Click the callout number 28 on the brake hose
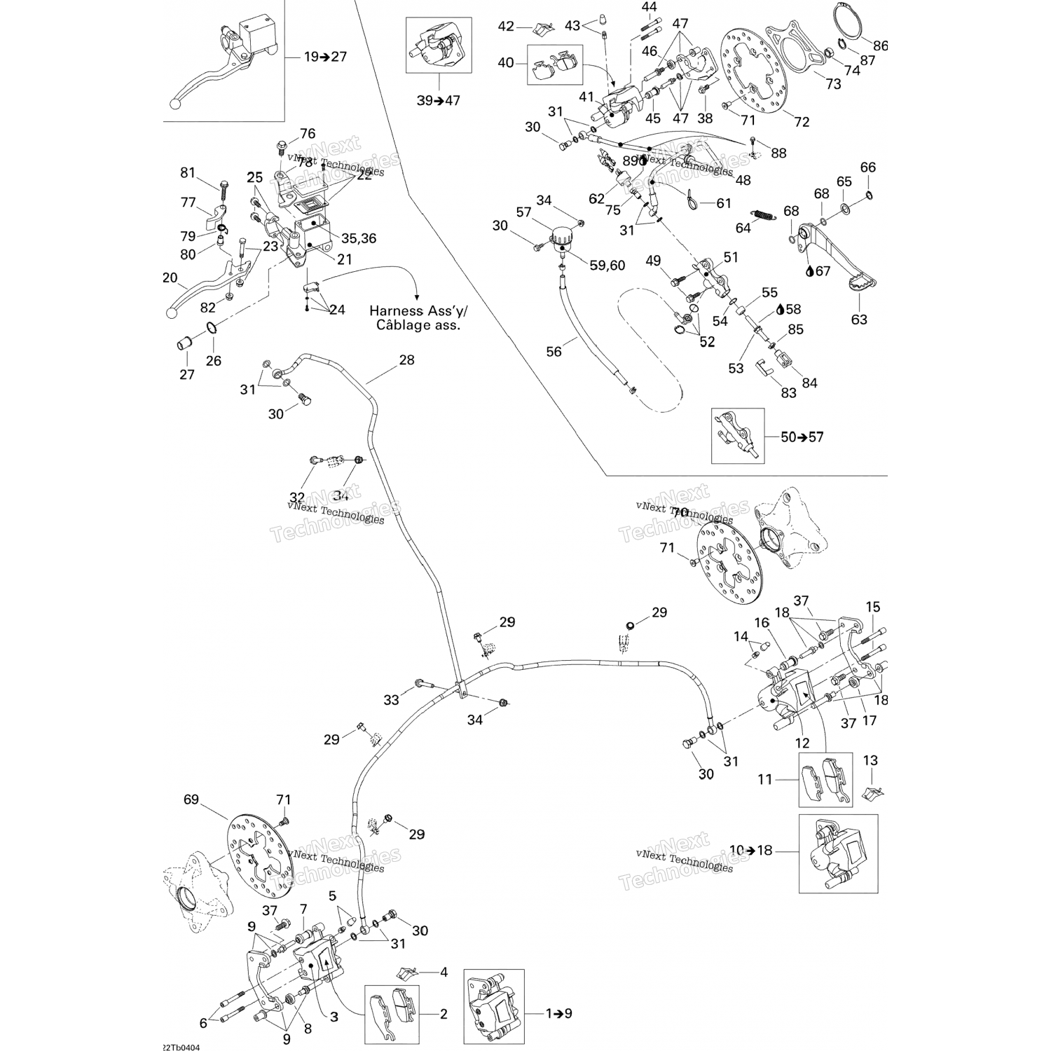406,360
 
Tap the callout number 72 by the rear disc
802,122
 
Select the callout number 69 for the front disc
191,799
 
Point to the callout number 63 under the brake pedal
859,320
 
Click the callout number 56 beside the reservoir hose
554,352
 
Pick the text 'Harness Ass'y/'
418,310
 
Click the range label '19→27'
325,57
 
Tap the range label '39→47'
439,101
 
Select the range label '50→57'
802,437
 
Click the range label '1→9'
558,1013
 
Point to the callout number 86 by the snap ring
880,46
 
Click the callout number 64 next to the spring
743,228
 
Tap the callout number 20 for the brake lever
170,278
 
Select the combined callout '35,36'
358,238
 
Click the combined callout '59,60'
607,266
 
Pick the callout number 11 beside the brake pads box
764,778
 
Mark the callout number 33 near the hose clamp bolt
391,699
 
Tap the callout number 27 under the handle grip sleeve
187,375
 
